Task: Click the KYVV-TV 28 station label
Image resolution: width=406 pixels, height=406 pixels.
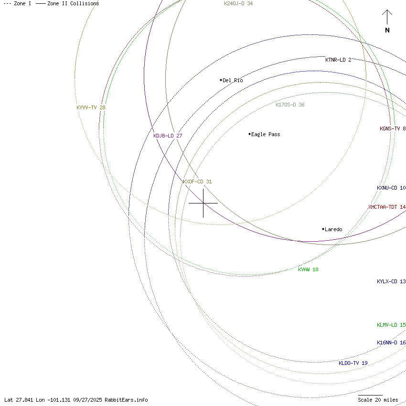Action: point(91,107)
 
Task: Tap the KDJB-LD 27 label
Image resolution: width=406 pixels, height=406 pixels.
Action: point(168,136)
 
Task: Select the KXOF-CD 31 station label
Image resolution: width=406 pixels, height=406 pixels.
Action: point(197,182)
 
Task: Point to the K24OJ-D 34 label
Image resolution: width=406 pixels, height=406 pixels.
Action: point(238,4)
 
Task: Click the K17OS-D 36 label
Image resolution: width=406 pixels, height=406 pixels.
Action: point(290,105)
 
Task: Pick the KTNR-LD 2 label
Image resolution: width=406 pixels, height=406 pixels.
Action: point(338,60)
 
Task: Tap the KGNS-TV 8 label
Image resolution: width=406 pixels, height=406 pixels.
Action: point(393,128)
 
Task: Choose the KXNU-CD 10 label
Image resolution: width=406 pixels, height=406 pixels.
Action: point(391,188)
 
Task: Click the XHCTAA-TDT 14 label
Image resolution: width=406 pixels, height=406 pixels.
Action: point(387,207)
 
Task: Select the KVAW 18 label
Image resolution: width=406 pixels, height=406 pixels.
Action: point(308,269)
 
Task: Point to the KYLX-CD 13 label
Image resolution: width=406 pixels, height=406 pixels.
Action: point(391,281)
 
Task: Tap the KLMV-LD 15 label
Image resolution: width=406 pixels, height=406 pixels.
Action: point(391,325)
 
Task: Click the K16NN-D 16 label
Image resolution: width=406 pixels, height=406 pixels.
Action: point(391,343)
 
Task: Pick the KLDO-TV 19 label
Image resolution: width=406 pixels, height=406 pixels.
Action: point(353,363)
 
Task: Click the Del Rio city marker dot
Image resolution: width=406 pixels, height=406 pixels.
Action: point(221,80)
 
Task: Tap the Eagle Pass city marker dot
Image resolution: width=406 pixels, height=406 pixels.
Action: point(250,134)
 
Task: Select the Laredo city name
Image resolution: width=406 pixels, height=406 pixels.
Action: point(333,229)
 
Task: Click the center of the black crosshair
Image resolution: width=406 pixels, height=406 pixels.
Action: point(203,203)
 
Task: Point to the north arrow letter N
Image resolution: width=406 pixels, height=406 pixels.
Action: point(387,30)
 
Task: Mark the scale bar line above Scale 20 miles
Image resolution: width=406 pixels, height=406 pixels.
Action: point(370,395)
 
